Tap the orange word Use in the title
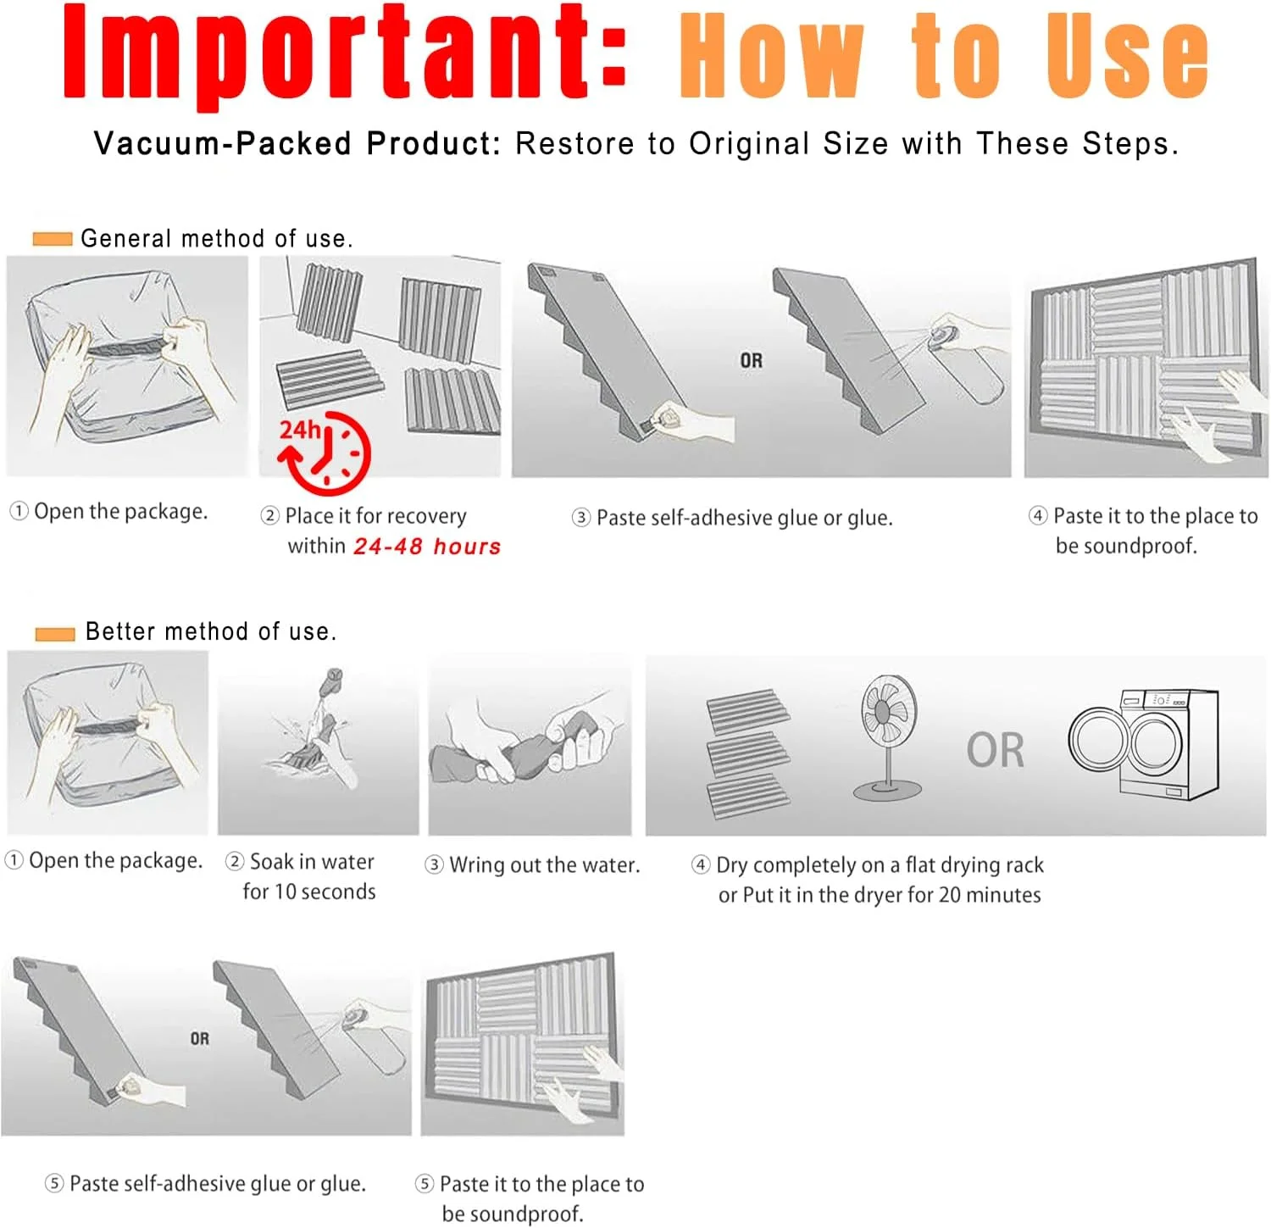tap(1127, 56)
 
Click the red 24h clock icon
tap(325, 453)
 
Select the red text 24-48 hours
tap(427, 547)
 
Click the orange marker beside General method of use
tap(53, 239)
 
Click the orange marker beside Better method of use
tap(55, 633)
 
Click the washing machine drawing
tap(1144, 744)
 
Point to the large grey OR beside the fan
tap(996, 750)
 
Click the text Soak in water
tap(312, 862)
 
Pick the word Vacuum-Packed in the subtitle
tap(222, 144)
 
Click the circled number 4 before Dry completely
tap(701, 864)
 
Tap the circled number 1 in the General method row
tap(19, 511)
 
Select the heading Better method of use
tap(211, 631)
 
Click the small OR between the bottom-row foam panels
tap(200, 1039)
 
